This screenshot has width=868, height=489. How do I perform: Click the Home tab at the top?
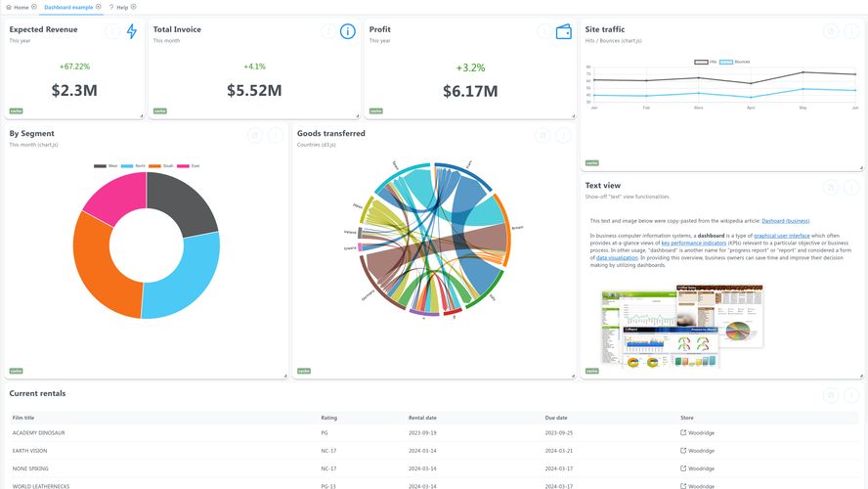[21, 7]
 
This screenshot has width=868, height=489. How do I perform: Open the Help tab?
[122, 7]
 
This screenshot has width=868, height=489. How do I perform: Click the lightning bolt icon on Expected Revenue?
[132, 31]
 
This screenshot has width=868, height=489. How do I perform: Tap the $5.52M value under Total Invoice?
[254, 91]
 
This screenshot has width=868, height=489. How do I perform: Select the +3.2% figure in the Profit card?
[470, 67]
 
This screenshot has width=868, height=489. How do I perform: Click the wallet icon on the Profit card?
[564, 31]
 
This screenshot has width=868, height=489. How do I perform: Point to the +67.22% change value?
[74, 67]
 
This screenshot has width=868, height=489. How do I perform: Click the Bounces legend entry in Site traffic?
[735, 62]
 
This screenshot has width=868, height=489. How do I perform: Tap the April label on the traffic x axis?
[751, 108]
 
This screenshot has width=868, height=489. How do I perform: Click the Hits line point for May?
[803, 72]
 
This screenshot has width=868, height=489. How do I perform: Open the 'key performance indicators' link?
[693, 242]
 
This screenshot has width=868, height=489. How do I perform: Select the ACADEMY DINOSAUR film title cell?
[39, 432]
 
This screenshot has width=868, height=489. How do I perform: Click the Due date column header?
[556, 418]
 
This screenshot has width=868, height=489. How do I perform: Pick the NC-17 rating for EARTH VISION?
[329, 451]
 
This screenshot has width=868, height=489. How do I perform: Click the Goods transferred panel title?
[331, 133]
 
